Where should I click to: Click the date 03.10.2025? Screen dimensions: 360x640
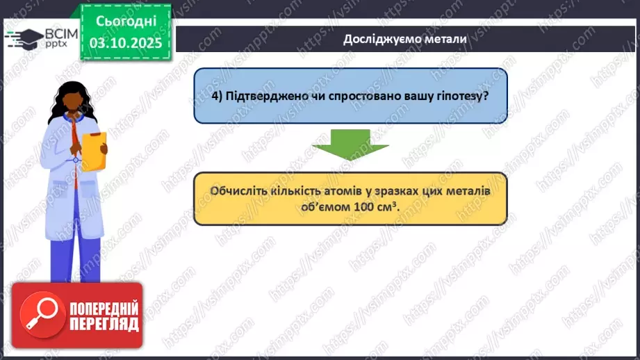[125, 43]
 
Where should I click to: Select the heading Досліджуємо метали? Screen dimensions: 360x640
[405, 39]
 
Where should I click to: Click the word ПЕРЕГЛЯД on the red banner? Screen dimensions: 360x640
[103, 324]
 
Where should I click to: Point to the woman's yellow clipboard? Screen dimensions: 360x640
[93, 150]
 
